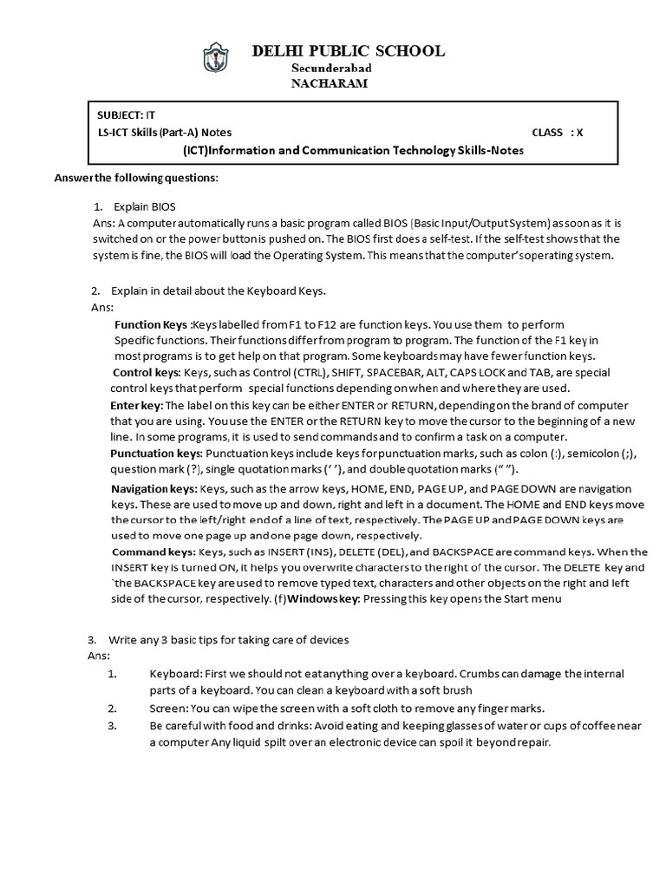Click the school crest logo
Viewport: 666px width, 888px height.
click(x=213, y=60)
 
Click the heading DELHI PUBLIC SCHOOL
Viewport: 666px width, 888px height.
click(x=348, y=51)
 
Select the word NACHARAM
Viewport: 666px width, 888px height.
click(x=329, y=83)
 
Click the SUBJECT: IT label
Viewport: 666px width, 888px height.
click(x=127, y=114)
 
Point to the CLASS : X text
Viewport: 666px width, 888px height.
click(x=557, y=133)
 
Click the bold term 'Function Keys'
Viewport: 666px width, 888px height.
click(x=152, y=324)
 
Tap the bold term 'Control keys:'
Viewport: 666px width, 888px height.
click(x=147, y=372)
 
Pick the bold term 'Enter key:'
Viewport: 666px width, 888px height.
click(x=136, y=405)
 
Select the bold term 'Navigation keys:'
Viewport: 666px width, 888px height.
click(x=154, y=489)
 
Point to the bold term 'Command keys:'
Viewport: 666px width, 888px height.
click(x=153, y=552)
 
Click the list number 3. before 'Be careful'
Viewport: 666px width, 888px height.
click(x=112, y=725)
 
